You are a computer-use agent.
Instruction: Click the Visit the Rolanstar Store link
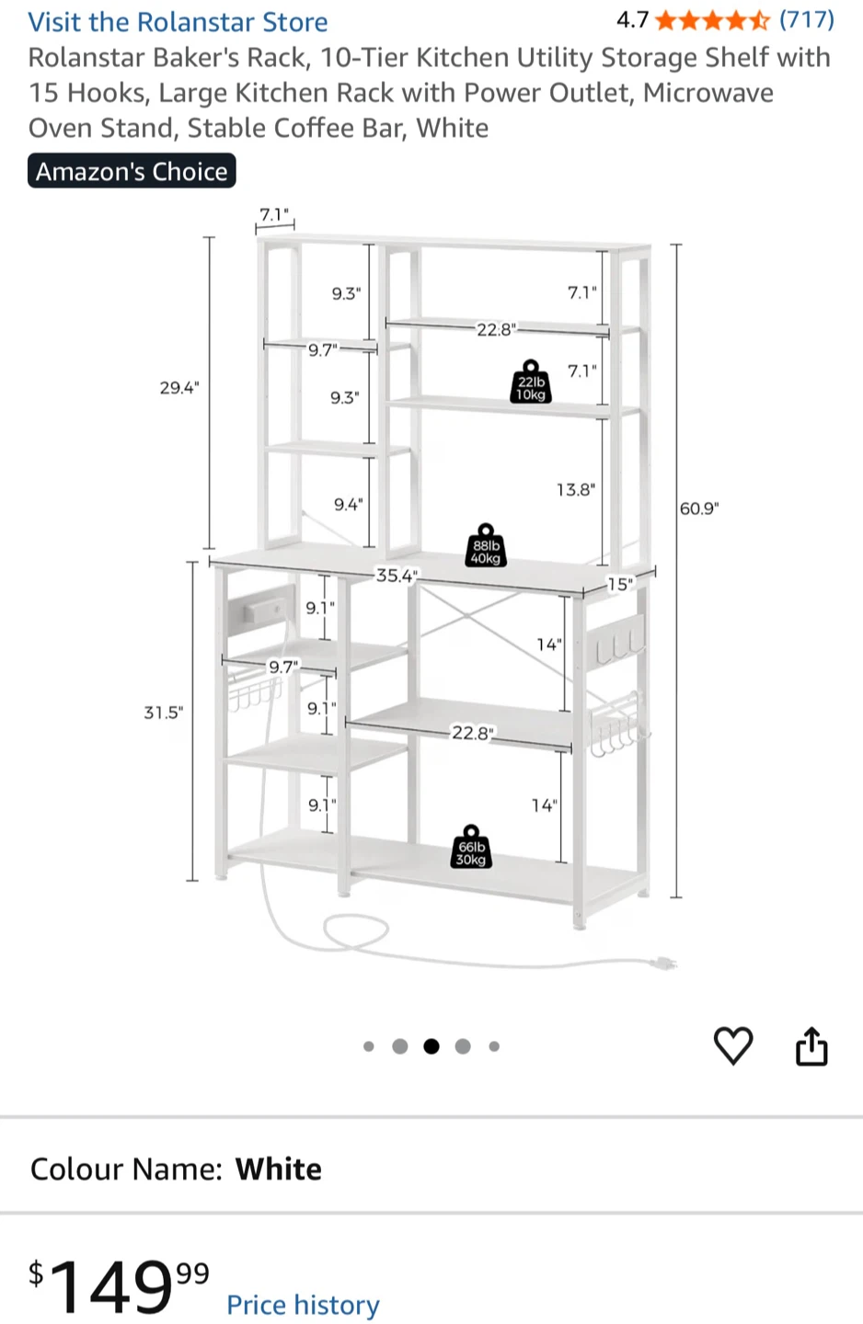point(178,22)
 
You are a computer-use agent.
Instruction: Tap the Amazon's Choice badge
point(132,171)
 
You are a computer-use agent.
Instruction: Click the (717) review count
point(807,20)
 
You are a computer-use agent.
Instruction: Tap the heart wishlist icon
point(733,1045)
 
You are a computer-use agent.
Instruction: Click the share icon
point(811,1045)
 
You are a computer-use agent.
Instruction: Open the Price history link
point(303,1304)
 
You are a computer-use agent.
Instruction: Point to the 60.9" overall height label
point(699,508)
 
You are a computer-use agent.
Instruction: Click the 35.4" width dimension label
point(397,576)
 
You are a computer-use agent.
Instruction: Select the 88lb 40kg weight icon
point(486,545)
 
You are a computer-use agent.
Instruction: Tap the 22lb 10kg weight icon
point(531,382)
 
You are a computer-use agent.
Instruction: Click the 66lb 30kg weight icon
point(471,847)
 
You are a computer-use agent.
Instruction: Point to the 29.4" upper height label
point(179,388)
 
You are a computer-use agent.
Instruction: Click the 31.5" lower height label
point(163,713)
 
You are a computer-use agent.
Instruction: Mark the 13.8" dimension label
point(576,489)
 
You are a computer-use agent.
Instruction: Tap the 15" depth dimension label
point(620,584)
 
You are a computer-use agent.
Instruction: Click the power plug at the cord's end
point(663,964)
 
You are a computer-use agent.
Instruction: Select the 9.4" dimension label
point(349,504)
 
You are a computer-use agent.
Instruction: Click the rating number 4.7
point(632,20)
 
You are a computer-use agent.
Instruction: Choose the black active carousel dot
point(431,1046)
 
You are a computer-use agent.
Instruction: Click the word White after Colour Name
point(279,1169)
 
